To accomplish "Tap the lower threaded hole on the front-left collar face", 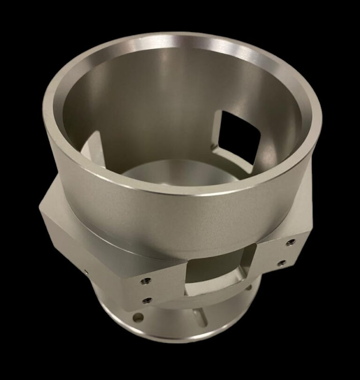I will tap(148, 299).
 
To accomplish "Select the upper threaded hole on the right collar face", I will tap(291, 242).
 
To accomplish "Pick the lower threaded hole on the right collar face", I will tap(282, 263).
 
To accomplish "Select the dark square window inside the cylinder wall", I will tap(239, 131).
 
